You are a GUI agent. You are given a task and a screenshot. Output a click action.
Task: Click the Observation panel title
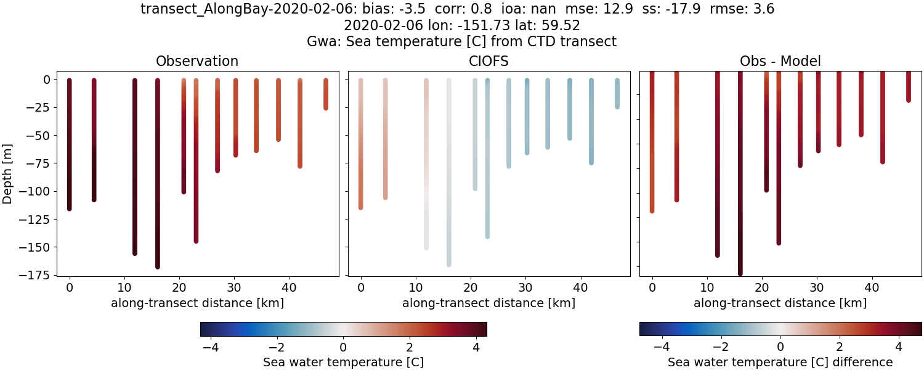tap(197, 61)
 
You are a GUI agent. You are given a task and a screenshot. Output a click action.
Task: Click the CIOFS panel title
tap(488, 61)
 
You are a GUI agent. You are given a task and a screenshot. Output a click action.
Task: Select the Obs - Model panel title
tap(780, 61)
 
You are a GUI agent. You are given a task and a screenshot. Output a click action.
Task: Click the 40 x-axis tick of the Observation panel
tap(289, 287)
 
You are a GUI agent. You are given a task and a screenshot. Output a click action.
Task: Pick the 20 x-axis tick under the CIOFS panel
tap(471, 287)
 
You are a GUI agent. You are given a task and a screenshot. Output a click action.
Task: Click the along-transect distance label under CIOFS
tap(488, 303)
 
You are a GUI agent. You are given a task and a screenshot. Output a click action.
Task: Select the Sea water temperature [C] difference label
tap(780, 362)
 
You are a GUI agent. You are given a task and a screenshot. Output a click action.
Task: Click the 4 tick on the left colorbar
tap(476, 347)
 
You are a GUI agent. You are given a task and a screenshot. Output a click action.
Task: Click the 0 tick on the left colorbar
tap(343, 347)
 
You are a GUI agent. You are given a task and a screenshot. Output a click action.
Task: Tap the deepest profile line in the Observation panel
tap(158, 185)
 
